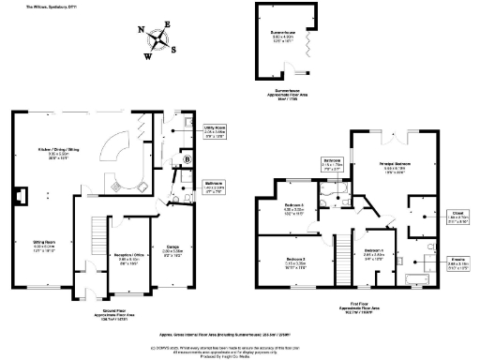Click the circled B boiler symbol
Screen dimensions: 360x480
[188, 159]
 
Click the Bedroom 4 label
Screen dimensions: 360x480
[373, 251]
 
